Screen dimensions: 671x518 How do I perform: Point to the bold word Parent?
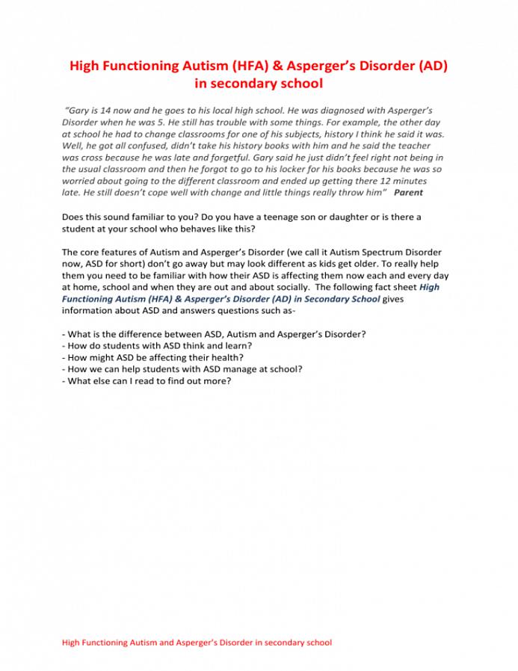tap(408, 192)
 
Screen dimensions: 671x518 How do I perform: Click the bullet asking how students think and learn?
tap(156, 345)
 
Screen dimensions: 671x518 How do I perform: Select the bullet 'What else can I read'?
tap(147, 381)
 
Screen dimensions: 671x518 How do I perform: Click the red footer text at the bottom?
tap(197, 642)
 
